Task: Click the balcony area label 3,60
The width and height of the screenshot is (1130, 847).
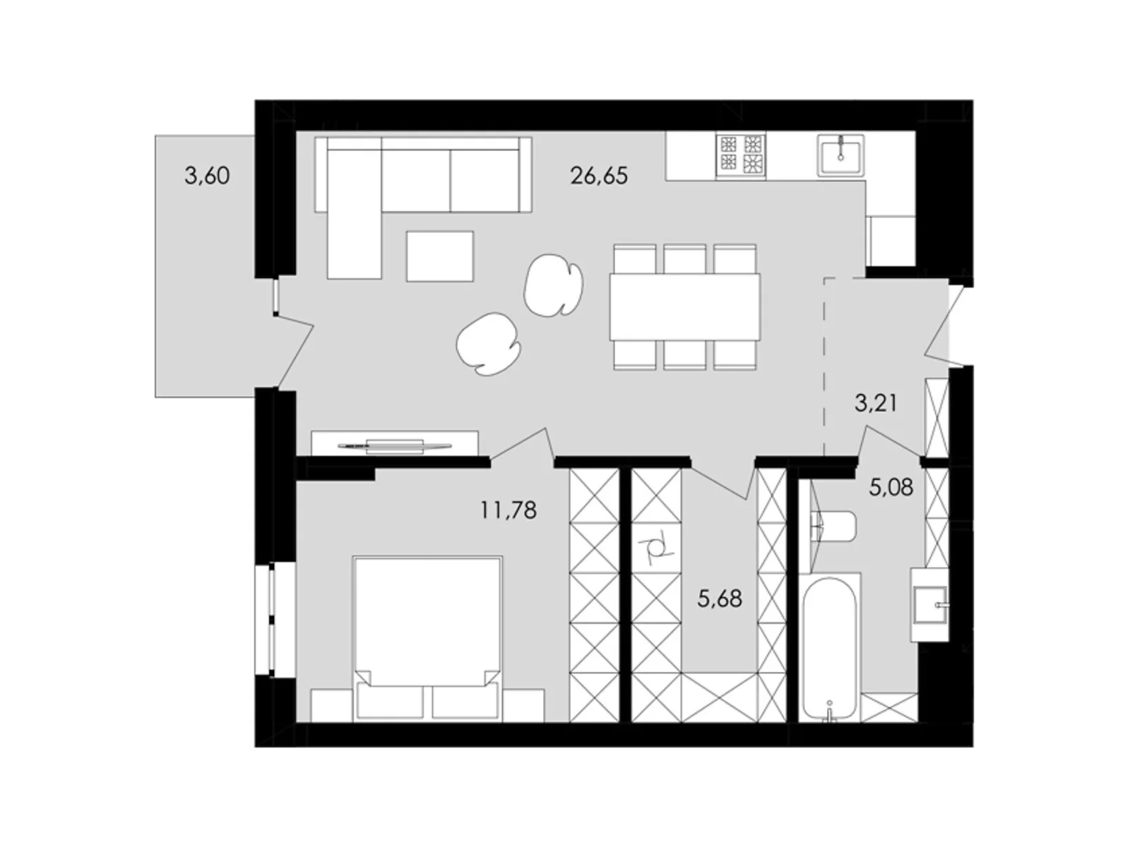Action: point(207,175)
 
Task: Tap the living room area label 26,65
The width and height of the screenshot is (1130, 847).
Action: point(599,175)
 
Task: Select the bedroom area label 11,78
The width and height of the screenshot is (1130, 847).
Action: point(508,510)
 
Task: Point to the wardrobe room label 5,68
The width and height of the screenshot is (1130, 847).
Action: point(720,599)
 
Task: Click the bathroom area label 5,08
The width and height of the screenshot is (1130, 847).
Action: point(891,487)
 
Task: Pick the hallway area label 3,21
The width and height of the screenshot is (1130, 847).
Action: point(876,403)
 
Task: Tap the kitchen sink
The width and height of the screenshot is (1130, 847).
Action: point(840,155)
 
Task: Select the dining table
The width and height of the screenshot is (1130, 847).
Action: point(685,307)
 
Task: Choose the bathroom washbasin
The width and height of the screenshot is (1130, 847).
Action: point(929,604)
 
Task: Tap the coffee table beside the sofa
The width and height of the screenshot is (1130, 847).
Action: point(439,256)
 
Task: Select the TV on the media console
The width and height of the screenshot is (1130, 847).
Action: point(394,445)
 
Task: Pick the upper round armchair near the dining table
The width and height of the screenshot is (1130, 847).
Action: point(553,285)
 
